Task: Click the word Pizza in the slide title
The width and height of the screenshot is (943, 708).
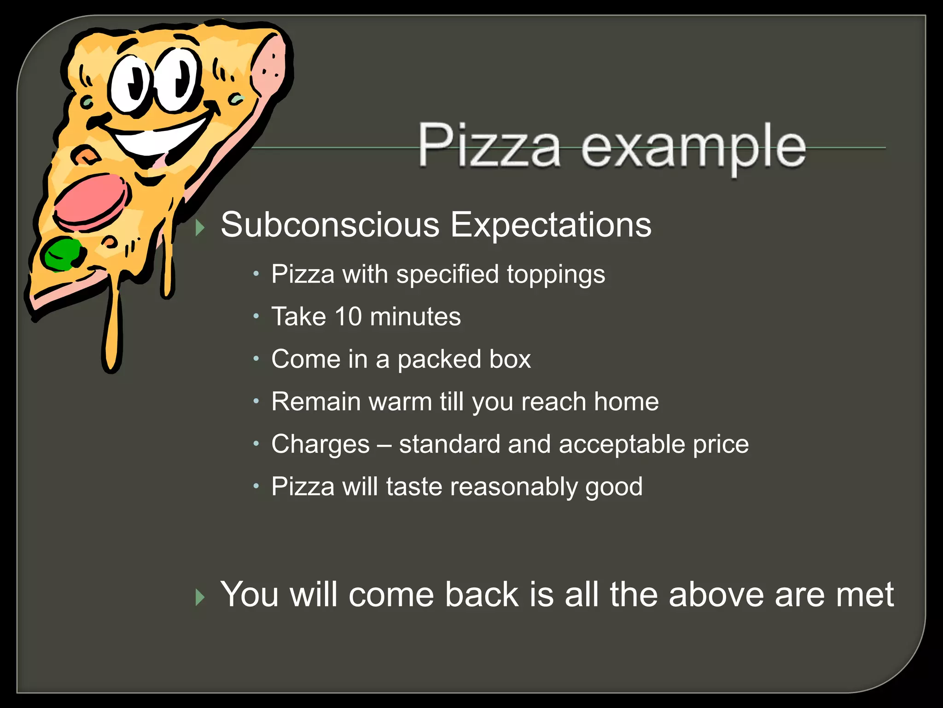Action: [489, 145]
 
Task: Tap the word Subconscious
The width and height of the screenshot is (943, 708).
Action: [330, 225]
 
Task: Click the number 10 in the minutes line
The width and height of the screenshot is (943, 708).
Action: [348, 317]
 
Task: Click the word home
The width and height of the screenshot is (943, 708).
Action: [626, 401]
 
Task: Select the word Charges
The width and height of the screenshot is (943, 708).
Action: [320, 445]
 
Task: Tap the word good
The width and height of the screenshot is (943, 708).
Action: [614, 487]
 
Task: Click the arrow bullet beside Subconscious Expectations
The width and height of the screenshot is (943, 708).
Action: [199, 227]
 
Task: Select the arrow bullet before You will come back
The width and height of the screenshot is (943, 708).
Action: [199, 597]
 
